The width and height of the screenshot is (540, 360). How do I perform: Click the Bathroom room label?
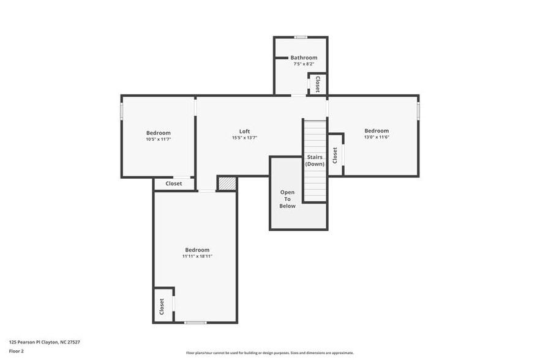point(304,58)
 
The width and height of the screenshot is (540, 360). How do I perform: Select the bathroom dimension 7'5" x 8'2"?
point(304,64)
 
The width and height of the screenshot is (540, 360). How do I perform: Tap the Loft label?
point(244,131)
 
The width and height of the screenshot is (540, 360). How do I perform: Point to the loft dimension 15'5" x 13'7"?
point(244,138)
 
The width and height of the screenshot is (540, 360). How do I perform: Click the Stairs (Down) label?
point(315,160)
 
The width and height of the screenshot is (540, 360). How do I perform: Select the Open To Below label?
point(287,199)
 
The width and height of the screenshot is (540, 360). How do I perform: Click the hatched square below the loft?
point(227,184)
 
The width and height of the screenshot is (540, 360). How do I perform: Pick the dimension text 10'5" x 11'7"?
point(158,140)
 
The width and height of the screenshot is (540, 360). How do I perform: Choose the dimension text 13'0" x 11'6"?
point(377,137)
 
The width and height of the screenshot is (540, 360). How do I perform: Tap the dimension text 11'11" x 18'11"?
point(197,257)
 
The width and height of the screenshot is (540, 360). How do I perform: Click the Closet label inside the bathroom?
point(317,84)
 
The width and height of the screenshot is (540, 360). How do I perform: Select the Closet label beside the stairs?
point(335,155)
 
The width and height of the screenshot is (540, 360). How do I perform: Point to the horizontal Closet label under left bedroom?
point(174,184)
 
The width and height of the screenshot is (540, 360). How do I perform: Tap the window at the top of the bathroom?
point(300,37)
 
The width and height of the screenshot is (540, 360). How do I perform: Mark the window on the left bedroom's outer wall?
point(122,111)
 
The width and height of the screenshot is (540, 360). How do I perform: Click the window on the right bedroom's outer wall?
point(419,111)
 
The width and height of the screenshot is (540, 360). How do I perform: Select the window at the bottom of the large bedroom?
point(195,322)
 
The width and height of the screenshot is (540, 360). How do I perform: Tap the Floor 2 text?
point(17,351)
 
